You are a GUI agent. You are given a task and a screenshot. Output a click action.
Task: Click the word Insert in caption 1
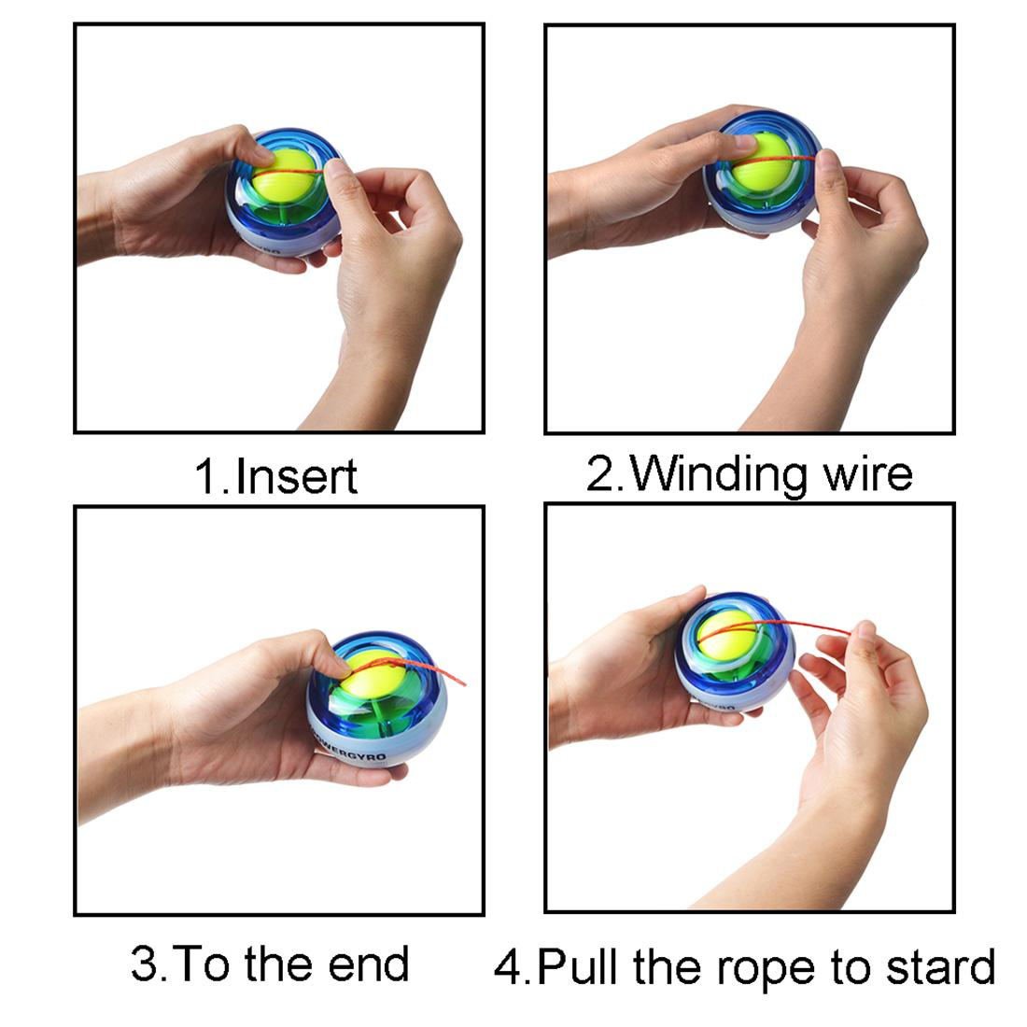(x=297, y=476)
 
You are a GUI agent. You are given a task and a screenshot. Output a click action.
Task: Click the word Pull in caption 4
(x=578, y=967)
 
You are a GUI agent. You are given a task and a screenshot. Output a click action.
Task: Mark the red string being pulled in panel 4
(x=812, y=626)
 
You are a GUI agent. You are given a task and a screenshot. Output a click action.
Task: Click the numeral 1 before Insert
(x=206, y=476)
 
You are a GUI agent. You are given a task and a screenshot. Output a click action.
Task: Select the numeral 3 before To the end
(x=144, y=964)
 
